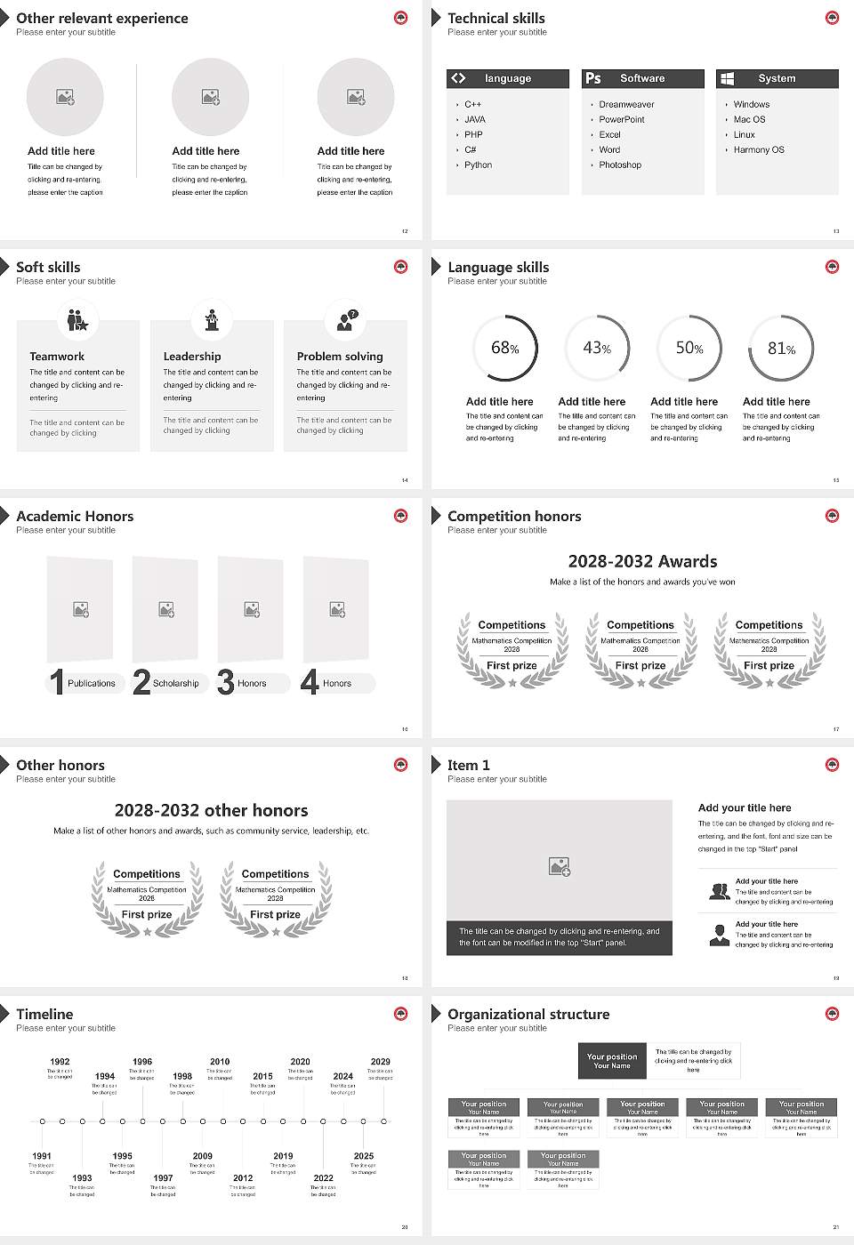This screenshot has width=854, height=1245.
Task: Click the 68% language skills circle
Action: pos(505,349)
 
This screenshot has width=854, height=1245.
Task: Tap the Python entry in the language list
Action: pos(478,165)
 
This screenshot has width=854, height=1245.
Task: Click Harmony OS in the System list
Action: pos(759,150)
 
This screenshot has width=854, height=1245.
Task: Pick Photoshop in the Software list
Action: pos(620,165)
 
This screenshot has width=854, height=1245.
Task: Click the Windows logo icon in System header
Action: pos(727,78)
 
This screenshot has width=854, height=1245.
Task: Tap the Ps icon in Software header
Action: pos(593,78)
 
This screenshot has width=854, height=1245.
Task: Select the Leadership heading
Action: pos(192,357)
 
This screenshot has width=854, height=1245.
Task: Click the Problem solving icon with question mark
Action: pos(346,320)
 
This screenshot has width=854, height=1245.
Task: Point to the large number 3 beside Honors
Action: pos(226,682)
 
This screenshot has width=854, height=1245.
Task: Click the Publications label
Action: pos(92,684)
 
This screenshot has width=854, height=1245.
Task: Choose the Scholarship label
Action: pos(176,684)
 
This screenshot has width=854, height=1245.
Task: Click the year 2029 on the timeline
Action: pos(381,1062)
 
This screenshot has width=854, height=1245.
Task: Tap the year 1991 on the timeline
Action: pos(42,1157)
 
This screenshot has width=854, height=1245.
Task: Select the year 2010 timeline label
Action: pos(220,1062)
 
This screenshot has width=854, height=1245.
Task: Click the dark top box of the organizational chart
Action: pos(612,1061)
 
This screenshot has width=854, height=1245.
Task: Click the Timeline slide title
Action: pos(44,1015)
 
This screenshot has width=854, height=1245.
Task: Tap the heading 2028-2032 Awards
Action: pos(642,562)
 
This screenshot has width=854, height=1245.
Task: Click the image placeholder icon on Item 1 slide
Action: pos(560,865)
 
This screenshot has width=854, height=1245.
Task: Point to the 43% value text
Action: pos(597,349)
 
